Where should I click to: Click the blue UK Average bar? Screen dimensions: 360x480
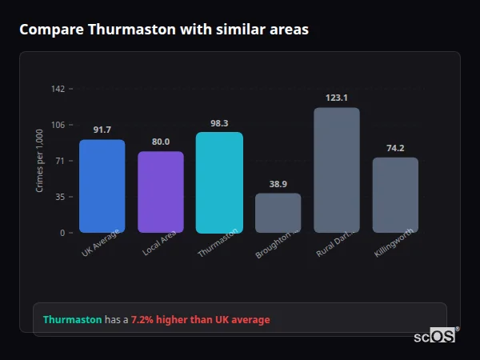[x=102, y=186]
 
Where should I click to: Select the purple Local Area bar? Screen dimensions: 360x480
[x=161, y=192]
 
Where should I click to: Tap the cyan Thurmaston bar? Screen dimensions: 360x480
[x=219, y=182]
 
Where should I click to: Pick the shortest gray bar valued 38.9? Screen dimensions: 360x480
[x=278, y=213]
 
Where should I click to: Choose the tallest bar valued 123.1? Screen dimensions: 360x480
[x=337, y=170]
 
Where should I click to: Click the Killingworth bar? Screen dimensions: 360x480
[x=395, y=194]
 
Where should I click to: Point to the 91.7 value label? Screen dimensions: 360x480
[x=102, y=130]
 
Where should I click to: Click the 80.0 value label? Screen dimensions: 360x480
[x=161, y=142]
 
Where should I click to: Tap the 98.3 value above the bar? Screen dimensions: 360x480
[x=219, y=123]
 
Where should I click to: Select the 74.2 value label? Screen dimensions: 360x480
[x=395, y=148]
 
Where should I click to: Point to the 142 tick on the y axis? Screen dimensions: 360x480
[x=58, y=89]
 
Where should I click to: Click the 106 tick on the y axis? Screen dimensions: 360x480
[x=58, y=125]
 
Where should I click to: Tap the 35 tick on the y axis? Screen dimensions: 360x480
[x=59, y=197]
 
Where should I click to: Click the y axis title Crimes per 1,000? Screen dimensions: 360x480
[x=40, y=161]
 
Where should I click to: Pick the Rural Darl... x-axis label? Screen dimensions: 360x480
[x=336, y=242]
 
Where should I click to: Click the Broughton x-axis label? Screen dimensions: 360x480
[x=277, y=243]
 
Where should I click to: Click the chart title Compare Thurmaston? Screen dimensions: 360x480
[x=164, y=30]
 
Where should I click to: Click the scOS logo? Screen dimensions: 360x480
[x=434, y=336]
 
